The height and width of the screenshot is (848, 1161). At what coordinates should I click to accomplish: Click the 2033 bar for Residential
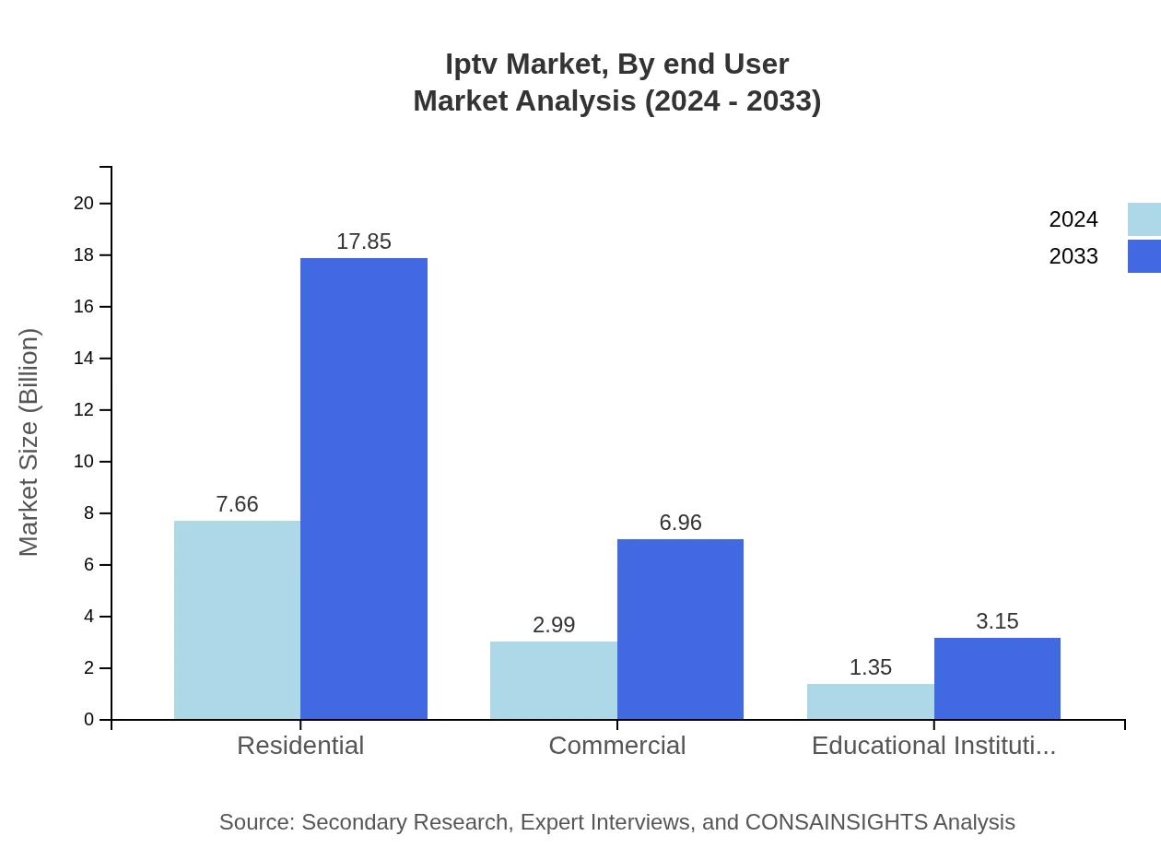364,489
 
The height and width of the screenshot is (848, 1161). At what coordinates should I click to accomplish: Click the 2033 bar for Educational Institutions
997,678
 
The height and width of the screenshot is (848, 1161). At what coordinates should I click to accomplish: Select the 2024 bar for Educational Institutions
870,701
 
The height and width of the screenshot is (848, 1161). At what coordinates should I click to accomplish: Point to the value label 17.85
364,241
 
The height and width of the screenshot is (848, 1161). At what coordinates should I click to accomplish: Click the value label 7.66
237,504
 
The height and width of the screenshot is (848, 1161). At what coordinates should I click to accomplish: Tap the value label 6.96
680,523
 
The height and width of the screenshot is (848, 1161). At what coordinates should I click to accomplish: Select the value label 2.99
553,625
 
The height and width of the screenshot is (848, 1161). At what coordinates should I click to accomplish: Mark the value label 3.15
997,621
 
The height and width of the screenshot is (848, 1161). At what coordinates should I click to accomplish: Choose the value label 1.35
870,667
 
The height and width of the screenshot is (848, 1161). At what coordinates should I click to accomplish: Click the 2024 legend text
1073,219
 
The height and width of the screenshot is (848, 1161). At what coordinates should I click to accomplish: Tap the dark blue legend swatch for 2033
1143,256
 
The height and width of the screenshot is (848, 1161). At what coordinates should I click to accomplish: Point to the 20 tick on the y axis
84,204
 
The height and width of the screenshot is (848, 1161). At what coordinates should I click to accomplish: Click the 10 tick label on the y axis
84,462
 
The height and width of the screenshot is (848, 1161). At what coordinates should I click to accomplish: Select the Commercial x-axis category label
616,746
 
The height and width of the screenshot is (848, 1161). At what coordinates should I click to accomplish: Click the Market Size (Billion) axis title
29,442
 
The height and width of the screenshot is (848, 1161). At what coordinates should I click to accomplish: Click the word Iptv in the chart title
471,65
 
